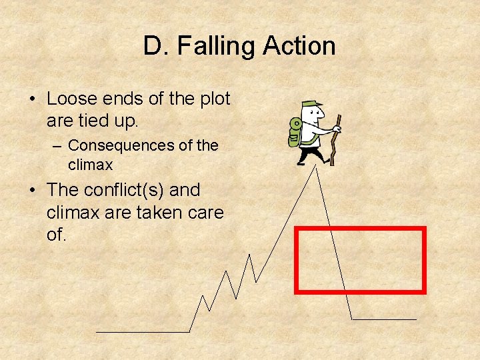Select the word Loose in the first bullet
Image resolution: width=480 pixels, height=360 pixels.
72,99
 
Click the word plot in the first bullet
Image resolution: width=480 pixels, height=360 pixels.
214,99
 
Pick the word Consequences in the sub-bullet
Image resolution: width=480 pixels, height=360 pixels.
120,145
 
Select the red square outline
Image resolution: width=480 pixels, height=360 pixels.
360,229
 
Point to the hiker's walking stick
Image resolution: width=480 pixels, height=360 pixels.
335,140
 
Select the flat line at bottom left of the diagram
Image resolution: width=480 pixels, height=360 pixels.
143,331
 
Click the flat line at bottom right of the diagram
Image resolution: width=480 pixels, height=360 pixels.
384,319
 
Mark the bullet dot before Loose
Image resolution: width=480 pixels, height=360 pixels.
32,99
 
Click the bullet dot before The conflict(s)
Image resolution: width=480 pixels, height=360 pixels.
32,191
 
